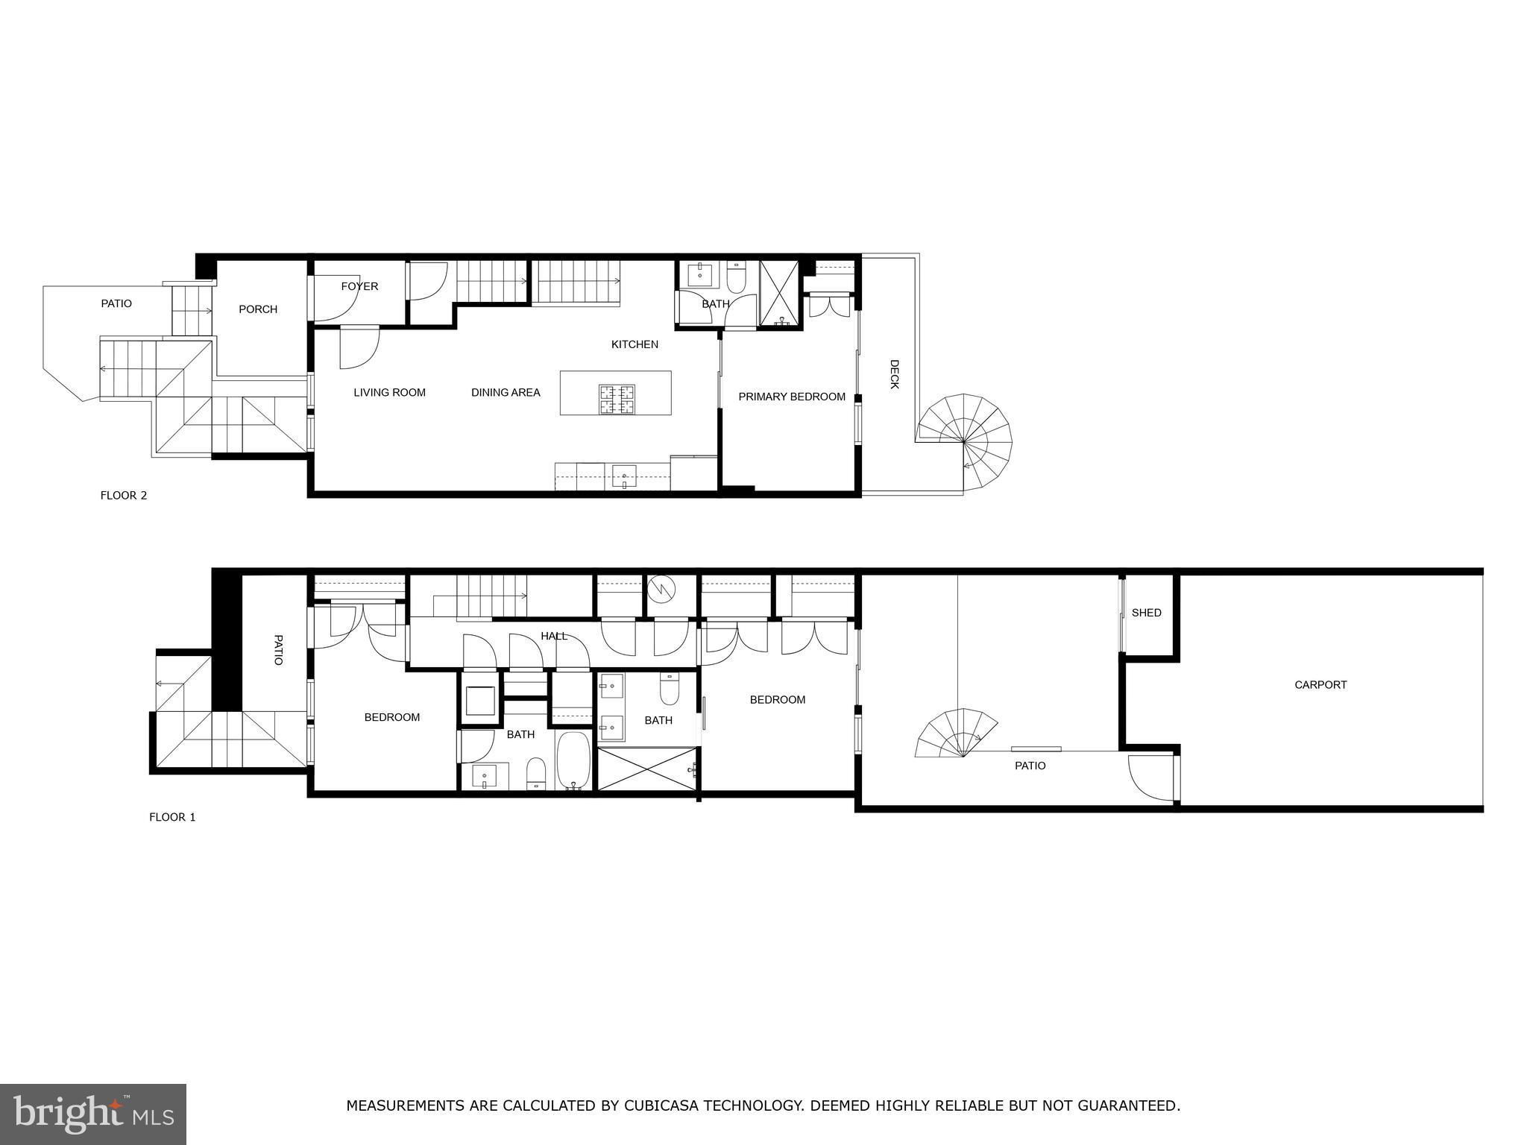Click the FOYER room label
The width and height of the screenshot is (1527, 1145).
(359, 286)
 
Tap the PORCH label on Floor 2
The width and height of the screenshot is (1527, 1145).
(258, 309)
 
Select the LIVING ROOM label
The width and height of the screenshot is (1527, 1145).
(389, 392)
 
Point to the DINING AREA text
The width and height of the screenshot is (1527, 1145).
(506, 392)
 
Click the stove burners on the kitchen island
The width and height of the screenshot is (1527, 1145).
(617, 399)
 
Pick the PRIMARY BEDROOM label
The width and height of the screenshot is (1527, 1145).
(792, 397)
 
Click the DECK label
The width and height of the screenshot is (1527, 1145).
(895, 374)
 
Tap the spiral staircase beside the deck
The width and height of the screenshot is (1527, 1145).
(964, 442)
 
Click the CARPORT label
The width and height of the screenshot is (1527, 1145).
(1320, 684)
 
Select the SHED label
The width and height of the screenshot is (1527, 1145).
(1146, 613)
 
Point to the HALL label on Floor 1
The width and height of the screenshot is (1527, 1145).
(554, 636)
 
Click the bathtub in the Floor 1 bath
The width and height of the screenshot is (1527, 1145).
(573, 760)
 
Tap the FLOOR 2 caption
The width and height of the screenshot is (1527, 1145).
(124, 495)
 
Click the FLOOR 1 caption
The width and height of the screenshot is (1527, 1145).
(172, 817)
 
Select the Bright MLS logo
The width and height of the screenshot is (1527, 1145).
(93, 1114)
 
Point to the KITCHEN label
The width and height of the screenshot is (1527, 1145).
(635, 344)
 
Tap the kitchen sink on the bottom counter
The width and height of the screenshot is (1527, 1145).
(624, 476)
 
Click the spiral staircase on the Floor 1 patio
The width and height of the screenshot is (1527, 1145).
(957, 733)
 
